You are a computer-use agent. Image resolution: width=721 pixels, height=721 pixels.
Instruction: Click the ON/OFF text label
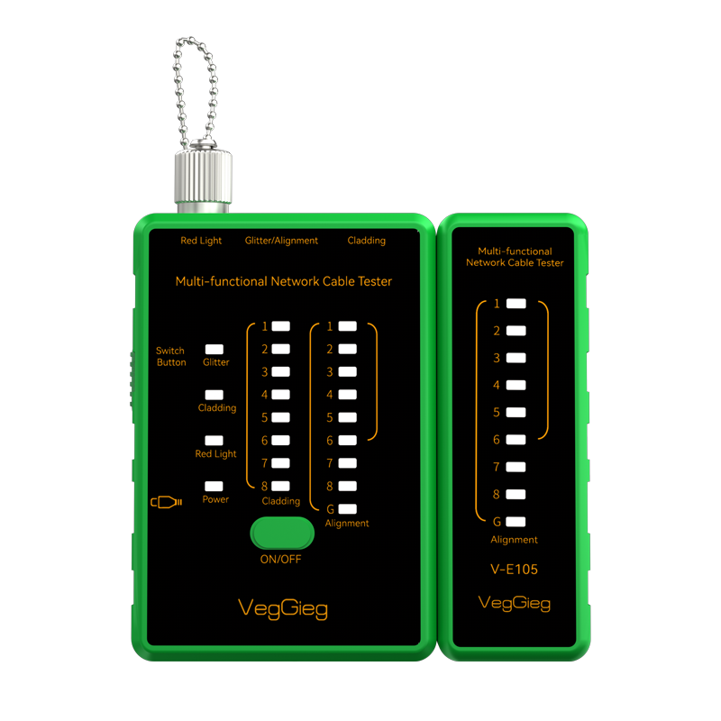pyautogui.click(x=280, y=559)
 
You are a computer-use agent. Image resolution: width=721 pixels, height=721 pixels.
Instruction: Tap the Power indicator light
pyautogui.click(x=214, y=486)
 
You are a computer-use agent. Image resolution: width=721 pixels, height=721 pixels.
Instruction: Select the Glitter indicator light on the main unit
pyautogui.click(x=214, y=350)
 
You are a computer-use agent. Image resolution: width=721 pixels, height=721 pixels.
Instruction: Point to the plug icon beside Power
pyautogui.click(x=167, y=502)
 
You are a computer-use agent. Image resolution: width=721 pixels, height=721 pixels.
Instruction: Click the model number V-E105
pyautogui.click(x=514, y=570)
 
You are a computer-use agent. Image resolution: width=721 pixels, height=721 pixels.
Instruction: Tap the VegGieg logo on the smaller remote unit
pyautogui.click(x=514, y=603)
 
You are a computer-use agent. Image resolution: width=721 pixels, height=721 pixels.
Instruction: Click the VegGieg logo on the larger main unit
pyautogui.click(x=283, y=608)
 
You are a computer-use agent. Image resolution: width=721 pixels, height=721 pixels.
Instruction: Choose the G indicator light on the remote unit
pyautogui.click(x=516, y=522)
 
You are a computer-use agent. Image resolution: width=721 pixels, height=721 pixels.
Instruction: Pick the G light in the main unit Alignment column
pyautogui.click(x=348, y=508)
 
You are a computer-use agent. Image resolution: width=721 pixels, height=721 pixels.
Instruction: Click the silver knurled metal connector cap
pyautogui.click(x=203, y=176)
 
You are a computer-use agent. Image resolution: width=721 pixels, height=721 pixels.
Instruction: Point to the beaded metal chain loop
pyautogui.click(x=195, y=92)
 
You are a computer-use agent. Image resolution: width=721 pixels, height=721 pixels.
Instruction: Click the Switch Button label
pyautogui.click(x=171, y=356)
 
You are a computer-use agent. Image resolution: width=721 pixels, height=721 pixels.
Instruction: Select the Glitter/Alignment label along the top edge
pyautogui.click(x=281, y=241)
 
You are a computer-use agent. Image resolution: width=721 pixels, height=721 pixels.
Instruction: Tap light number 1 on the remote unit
pyautogui.click(x=516, y=304)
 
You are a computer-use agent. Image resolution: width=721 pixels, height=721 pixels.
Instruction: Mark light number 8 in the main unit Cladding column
pyautogui.click(x=280, y=486)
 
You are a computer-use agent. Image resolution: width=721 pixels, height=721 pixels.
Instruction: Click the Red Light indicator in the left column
pyautogui.click(x=214, y=441)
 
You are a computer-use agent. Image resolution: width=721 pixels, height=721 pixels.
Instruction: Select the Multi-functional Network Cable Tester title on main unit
pyautogui.click(x=284, y=281)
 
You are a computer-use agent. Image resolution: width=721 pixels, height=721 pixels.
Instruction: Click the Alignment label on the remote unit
pyautogui.click(x=514, y=540)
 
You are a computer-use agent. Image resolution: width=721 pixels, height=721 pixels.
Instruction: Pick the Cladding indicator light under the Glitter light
pyautogui.click(x=214, y=395)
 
